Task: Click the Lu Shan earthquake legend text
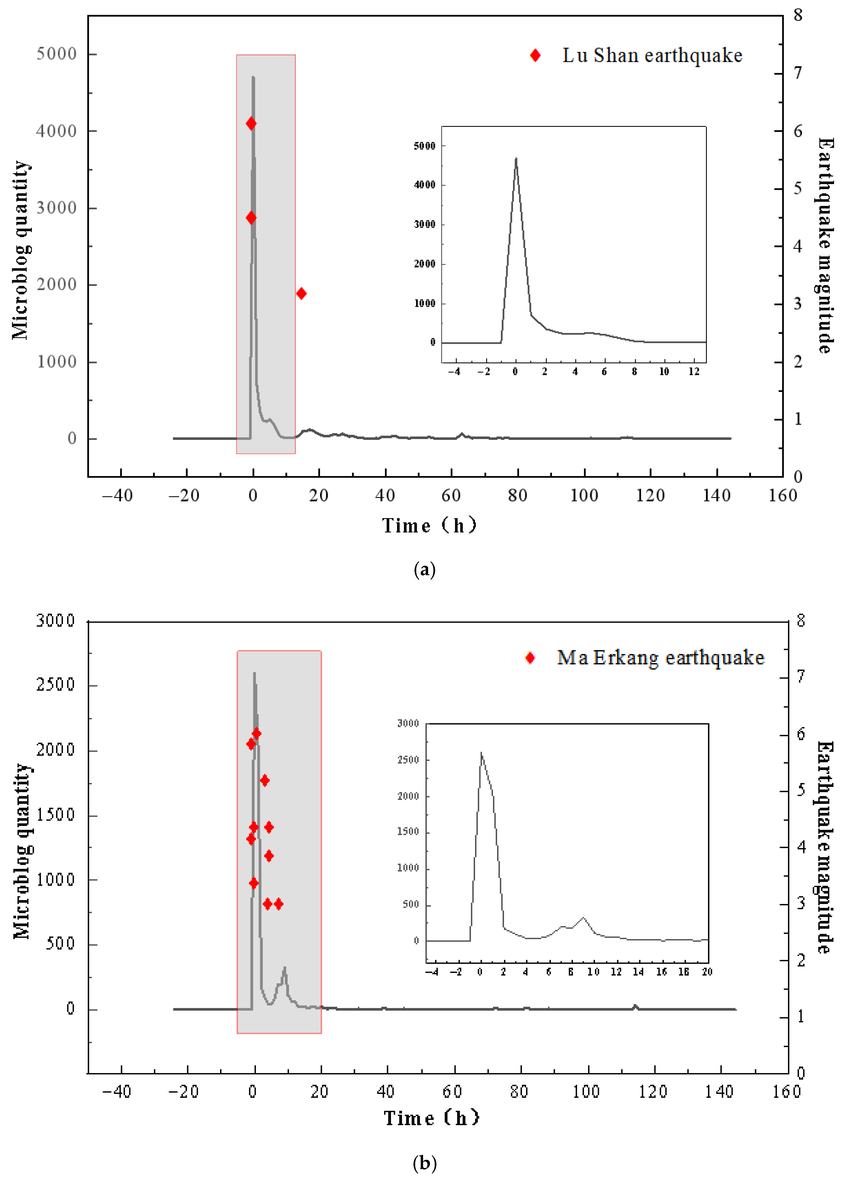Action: click(652, 55)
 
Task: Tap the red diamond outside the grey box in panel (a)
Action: click(301, 294)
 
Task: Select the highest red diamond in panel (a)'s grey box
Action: click(251, 124)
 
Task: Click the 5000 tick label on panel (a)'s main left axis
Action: click(56, 54)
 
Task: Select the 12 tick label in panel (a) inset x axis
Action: click(694, 372)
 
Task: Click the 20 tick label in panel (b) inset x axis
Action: click(707, 972)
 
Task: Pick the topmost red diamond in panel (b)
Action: click(256, 734)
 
